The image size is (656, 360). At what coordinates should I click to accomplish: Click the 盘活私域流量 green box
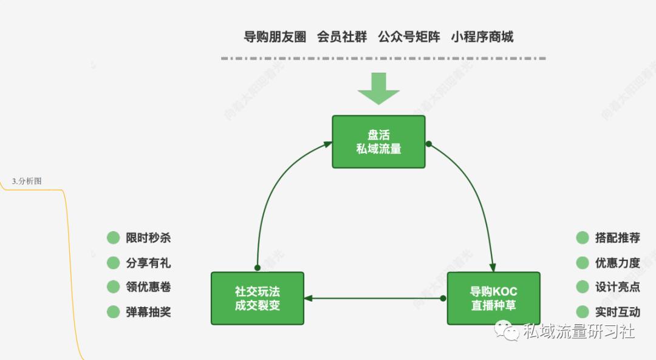click(x=378, y=141)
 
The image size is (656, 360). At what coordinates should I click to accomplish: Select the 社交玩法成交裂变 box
click(x=257, y=298)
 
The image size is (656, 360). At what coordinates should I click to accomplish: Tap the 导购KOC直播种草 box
click(x=493, y=298)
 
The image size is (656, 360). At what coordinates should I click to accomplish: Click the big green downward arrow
click(x=378, y=89)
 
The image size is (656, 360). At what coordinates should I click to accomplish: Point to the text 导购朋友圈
click(x=275, y=37)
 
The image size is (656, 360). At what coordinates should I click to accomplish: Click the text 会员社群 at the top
click(x=342, y=37)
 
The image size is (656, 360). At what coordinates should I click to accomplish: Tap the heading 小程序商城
click(x=482, y=37)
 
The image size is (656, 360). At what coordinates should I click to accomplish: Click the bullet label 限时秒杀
click(x=148, y=238)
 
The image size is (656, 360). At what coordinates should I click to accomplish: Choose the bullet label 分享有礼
click(x=148, y=263)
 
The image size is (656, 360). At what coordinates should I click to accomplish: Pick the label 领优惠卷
click(x=148, y=287)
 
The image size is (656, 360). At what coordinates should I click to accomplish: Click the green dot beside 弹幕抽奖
click(x=113, y=312)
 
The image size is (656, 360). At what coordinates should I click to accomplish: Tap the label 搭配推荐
click(x=617, y=238)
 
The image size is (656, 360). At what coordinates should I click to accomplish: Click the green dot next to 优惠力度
click(x=583, y=263)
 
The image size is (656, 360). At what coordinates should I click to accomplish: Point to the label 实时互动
click(x=617, y=312)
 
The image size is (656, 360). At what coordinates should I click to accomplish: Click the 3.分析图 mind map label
click(x=27, y=181)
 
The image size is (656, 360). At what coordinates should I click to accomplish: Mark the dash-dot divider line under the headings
click(x=383, y=59)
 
